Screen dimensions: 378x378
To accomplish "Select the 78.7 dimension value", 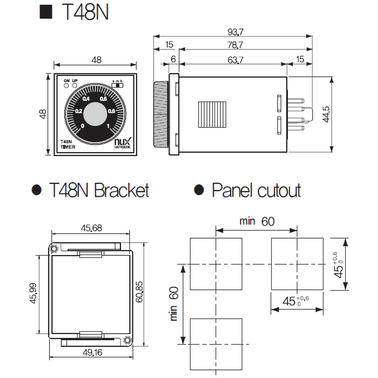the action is [235, 45].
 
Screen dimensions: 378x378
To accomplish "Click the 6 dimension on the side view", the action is [173, 59].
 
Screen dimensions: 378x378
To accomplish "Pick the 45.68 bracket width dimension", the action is [91, 228].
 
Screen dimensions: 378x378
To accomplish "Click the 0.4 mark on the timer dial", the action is [86, 99].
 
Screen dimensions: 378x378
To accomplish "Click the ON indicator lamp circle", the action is [66, 85].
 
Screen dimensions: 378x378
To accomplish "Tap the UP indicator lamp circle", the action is [75, 85].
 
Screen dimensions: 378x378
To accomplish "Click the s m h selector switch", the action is [118, 85].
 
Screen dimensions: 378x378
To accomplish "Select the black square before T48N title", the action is [46, 12].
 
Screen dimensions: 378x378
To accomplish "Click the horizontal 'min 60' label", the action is [257, 221].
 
